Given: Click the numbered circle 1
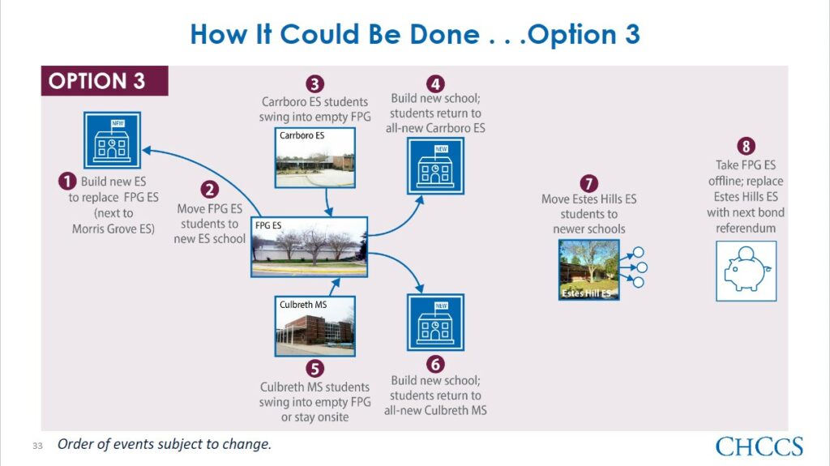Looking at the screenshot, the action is click(67, 181).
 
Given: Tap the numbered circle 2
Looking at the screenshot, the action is click(210, 190).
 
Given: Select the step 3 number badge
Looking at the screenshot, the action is click(314, 84).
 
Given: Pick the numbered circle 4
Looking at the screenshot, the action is click(435, 83).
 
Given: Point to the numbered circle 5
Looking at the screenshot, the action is click(314, 369).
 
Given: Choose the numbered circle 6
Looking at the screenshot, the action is click(435, 365).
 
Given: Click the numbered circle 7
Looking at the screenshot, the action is click(588, 184).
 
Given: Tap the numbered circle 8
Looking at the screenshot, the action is click(746, 146).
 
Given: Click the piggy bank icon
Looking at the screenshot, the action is click(747, 271).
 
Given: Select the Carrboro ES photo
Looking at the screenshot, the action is click(315, 158).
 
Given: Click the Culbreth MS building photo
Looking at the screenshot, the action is click(315, 326).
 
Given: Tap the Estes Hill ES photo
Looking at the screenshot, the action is click(589, 270).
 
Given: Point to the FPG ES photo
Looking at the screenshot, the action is click(309, 246).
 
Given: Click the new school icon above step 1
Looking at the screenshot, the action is click(112, 140).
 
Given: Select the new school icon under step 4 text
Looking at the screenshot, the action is click(435, 166).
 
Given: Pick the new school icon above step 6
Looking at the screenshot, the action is click(435, 323).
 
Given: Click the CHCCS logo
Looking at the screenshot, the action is click(759, 447).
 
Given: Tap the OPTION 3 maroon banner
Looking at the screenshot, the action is click(105, 81).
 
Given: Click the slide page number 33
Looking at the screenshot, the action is click(37, 446).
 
